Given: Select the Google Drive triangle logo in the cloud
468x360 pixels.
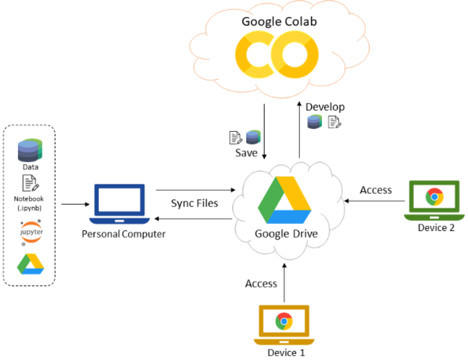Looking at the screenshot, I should pyautogui.click(x=283, y=200).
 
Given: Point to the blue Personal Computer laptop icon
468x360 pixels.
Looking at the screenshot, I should pyautogui.click(x=120, y=204).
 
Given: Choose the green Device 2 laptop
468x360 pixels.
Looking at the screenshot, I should pyautogui.click(x=434, y=199).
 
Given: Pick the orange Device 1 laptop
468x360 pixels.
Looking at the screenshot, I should pyautogui.click(x=284, y=324).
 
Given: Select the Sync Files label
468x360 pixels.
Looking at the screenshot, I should pyautogui.click(x=195, y=203).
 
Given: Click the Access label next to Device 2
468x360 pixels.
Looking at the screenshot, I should pyautogui.click(x=376, y=190).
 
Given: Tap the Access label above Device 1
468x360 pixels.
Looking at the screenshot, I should pyautogui.click(x=261, y=284).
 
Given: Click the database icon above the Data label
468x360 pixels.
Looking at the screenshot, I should pyautogui.click(x=30, y=151).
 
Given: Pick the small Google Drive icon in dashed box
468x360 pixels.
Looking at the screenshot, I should pyautogui.click(x=30, y=263).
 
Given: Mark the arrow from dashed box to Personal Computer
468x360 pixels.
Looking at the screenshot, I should pyautogui.click(x=73, y=203).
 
